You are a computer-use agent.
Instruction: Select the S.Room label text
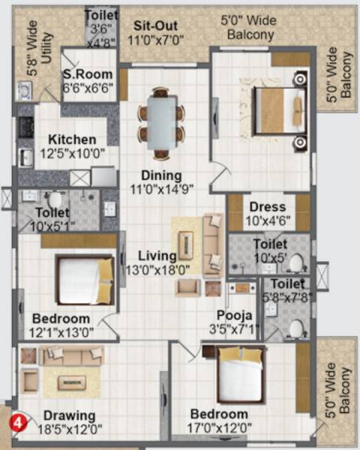88,74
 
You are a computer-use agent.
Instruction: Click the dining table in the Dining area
160,118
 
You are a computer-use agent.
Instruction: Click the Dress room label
265,205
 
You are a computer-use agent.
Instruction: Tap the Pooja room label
233,315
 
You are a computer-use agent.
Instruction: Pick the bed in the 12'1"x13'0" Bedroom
83,279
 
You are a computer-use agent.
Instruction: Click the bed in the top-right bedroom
278,110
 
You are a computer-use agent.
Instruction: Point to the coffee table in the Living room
184,245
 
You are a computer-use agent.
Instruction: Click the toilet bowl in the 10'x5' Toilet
295,263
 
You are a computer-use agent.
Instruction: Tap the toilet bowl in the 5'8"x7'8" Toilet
297,328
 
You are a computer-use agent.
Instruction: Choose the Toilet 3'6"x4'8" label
100,28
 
